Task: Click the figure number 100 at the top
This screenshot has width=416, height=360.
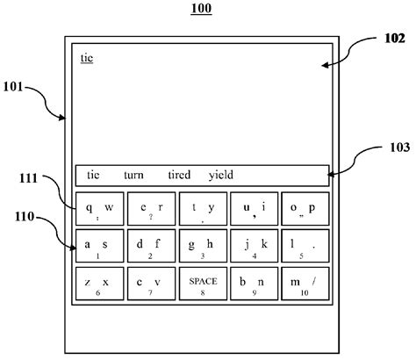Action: [202, 10]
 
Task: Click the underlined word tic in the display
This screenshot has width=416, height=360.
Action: [87, 58]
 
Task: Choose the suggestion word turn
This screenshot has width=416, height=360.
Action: [135, 174]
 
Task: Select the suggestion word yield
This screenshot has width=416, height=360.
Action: [221, 174]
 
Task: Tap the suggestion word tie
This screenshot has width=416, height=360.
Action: [94, 174]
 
